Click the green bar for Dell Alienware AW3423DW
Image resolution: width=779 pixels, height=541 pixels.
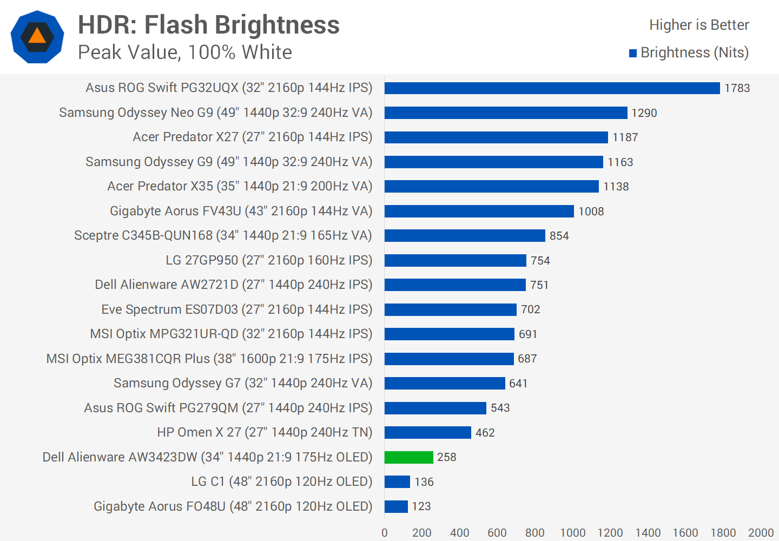[408, 457]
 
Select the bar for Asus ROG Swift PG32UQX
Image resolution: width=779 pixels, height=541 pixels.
[552, 88]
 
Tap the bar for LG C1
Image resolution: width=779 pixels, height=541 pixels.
[397, 481]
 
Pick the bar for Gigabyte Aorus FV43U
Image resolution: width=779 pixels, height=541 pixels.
[479, 211]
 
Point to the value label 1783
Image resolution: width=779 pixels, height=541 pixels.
[737, 88]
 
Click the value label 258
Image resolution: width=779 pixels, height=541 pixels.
[446, 457]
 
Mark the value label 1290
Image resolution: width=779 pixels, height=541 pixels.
[644, 113]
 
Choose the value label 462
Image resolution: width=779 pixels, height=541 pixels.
[485, 433]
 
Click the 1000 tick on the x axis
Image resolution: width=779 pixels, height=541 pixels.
[572, 533]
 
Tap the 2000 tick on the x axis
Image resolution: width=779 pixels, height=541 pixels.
[760, 533]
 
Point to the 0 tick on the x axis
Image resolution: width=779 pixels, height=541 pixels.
[385, 533]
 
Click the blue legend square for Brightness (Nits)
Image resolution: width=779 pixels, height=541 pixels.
[633, 53]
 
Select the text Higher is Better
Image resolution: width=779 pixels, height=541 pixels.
[699, 25]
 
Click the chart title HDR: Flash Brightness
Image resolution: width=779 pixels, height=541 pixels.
[209, 25]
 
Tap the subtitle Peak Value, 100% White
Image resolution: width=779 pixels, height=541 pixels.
[185, 52]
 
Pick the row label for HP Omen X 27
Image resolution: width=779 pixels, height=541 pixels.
[265, 432]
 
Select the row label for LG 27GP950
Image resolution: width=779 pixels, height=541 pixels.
[269, 260]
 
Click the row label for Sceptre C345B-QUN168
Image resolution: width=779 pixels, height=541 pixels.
[223, 235]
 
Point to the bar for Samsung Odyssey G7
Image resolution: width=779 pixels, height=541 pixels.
[445, 384]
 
